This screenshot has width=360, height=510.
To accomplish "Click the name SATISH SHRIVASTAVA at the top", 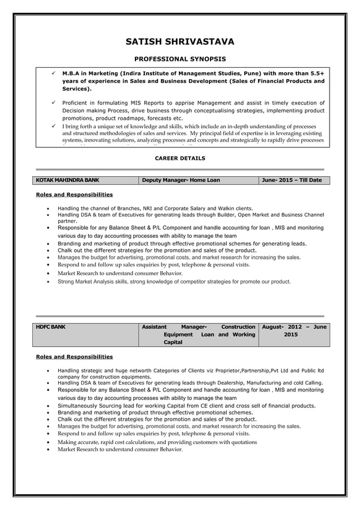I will click(x=179, y=41).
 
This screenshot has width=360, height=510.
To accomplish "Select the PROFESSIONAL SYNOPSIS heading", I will click(x=179, y=59).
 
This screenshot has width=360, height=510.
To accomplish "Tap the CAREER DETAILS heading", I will click(x=179, y=159).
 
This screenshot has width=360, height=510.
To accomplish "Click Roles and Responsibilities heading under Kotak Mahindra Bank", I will click(x=74, y=195).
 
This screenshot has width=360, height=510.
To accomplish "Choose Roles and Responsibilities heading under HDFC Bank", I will click(x=74, y=357).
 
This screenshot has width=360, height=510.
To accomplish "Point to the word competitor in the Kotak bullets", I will click(x=191, y=281).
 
